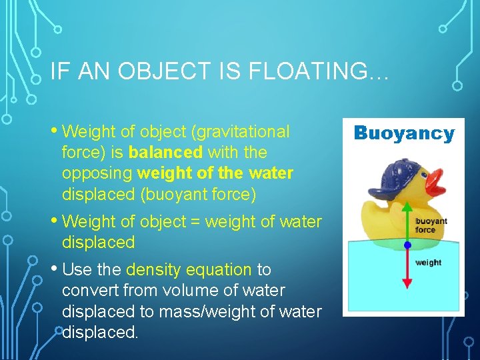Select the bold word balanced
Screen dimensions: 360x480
165,153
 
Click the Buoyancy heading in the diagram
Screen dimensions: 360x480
403,133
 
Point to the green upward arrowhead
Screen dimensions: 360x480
407,207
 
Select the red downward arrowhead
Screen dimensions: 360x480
407,283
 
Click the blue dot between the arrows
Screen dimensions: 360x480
407,245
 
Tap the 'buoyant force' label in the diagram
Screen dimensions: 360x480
431,225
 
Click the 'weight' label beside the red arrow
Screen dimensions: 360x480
428,263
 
